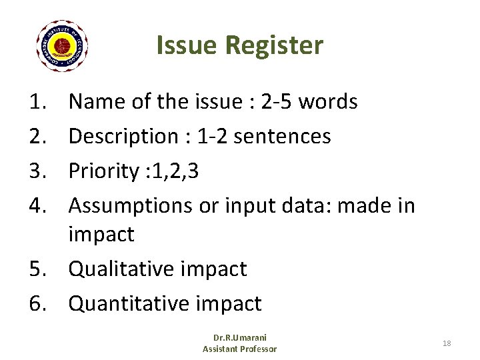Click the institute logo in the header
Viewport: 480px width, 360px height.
62,46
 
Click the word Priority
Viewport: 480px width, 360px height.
103,171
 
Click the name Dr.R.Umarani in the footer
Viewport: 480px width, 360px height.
239,338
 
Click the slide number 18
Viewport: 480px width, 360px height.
447,343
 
